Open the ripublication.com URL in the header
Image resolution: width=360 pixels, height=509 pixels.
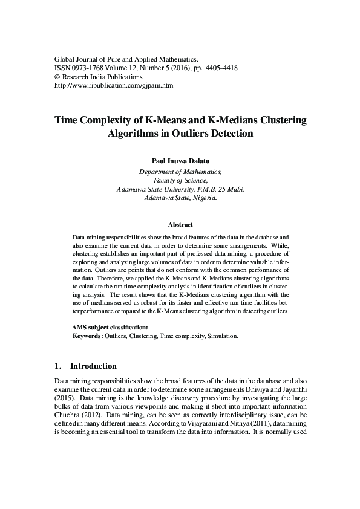coord(114,86)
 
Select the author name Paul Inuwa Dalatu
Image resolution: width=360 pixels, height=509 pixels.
coord(180,162)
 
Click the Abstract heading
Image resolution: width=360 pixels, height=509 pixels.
coord(180,224)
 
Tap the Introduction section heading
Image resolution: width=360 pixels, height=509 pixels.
coord(93,366)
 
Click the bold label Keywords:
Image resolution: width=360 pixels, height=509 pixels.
coord(88,335)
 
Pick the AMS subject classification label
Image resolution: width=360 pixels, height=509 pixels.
coord(110,327)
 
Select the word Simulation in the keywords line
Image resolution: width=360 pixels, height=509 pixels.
coord(223,335)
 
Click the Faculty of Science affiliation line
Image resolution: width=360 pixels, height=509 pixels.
coord(180,180)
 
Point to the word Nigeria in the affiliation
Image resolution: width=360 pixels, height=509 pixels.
coord(203,197)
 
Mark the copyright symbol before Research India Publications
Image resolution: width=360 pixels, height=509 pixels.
coord(57,77)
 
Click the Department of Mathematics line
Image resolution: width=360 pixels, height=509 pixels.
coord(180,172)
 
